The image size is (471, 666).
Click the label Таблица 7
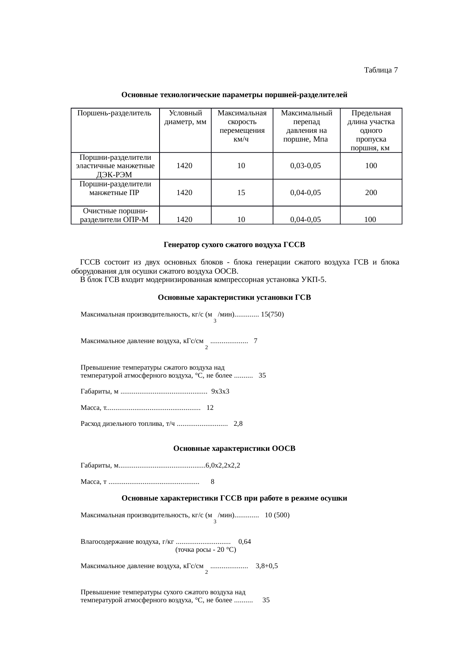[381, 70]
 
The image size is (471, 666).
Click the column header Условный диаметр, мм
[185, 117]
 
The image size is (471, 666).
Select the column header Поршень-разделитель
[114, 113]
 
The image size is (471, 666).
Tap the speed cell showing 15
[241, 193]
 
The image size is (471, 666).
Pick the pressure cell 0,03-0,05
[305, 166]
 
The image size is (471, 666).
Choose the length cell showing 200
[371, 193]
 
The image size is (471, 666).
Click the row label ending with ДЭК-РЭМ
[115, 166]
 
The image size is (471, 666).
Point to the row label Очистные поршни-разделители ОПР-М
[115, 215]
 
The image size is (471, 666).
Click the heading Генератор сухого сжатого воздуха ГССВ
[234, 245]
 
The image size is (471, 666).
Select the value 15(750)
[272, 314]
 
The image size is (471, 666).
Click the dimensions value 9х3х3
[220, 391]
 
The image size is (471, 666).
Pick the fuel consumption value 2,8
[238, 424]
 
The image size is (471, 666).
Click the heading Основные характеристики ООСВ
[234, 449]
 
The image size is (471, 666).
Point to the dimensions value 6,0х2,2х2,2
[223, 465]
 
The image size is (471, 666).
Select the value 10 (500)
[277, 515]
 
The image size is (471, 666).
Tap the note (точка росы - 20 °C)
[205, 549]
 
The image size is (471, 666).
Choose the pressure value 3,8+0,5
[267, 566]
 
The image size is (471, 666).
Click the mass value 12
[210, 408]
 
